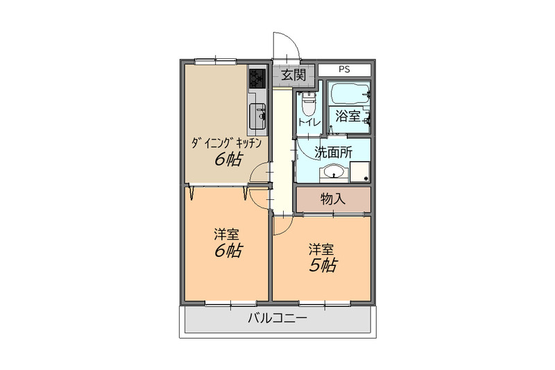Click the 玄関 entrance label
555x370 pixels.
[293, 75]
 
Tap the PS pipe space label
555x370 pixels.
[344, 69]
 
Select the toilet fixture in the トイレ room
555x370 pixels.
[308, 103]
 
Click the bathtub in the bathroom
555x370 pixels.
[350, 94]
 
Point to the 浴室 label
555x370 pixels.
[348, 116]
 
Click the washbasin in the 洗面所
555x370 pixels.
[334, 173]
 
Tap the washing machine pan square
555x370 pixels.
[360, 172]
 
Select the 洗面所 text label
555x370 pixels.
[334, 152]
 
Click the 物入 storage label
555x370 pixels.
[333, 199]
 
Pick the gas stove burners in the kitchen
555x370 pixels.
[257, 78]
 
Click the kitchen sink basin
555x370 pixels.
[257, 116]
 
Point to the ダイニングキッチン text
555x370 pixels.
[227, 143]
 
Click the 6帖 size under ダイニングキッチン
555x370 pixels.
[228, 160]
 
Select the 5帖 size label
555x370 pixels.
[323, 265]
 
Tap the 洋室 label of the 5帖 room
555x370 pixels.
[321, 249]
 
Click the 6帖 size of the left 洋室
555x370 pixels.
[228, 251]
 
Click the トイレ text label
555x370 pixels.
[309, 123]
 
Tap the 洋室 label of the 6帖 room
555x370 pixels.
[226, 235]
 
